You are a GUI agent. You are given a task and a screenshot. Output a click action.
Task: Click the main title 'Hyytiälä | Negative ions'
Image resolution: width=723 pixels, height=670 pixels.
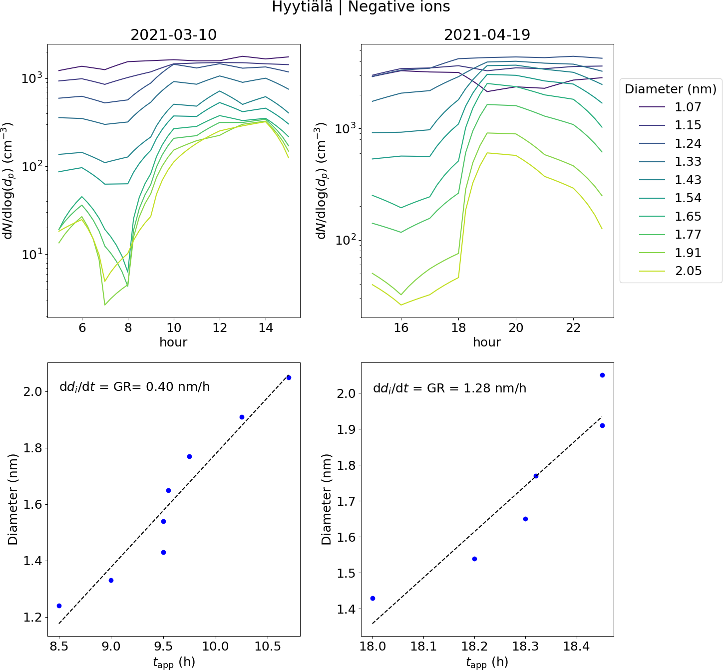pos(361,7)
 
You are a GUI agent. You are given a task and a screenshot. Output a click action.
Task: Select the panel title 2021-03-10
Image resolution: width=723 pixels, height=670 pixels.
pos(173,34)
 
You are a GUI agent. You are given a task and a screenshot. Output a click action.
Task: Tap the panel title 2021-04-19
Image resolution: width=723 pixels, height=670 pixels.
pos(487,34)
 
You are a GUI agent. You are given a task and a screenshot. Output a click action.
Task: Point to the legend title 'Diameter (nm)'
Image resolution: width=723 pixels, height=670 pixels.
pos(671,89)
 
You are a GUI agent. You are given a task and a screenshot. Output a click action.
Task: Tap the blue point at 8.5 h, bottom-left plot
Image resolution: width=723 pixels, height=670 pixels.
pos(59,606)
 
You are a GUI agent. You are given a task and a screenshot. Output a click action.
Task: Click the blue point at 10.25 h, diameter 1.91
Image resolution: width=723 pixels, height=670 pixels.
pos(242,417)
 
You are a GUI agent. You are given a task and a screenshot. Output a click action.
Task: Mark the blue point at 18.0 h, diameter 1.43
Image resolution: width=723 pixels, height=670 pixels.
pos(372,598)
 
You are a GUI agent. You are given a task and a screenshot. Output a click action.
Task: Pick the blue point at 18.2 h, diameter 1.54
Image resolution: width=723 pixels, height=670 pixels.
pos(474,559)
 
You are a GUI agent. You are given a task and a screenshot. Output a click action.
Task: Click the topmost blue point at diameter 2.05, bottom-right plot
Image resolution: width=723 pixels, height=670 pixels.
pos(602,375)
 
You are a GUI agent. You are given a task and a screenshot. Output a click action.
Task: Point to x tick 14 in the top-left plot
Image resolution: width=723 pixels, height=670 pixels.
pos(266,328)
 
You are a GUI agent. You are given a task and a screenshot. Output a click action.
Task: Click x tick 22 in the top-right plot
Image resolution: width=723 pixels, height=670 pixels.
pos(573,328)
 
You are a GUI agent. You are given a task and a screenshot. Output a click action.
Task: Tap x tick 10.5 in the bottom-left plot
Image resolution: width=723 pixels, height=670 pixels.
pos(268,647)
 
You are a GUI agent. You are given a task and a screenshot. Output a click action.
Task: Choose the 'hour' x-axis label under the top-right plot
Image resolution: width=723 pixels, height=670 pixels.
pos(487,342)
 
